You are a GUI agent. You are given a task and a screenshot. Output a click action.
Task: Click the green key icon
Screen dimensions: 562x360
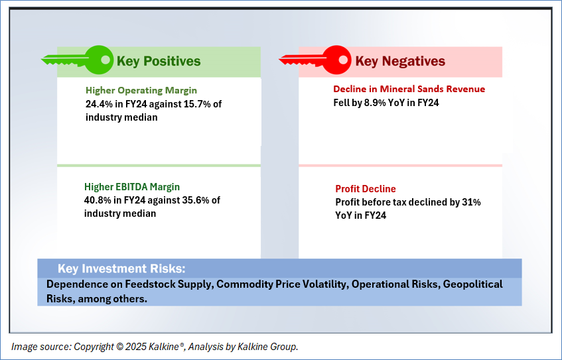click(78, 60)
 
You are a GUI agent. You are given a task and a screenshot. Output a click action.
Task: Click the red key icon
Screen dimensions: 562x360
click(315, 60)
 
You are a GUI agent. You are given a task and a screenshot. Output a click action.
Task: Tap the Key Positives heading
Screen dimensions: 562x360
click(159, 61)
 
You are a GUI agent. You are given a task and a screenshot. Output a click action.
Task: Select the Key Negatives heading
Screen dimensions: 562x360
click(400, 61)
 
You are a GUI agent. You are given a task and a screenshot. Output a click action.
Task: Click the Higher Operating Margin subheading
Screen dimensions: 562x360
click(141, 91)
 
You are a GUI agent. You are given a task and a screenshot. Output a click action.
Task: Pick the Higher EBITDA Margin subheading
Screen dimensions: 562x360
click(132, 187)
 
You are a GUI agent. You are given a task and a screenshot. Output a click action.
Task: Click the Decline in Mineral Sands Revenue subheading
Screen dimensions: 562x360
click(409, 90)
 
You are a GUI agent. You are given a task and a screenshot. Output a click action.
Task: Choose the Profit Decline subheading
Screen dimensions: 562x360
click(366, 189)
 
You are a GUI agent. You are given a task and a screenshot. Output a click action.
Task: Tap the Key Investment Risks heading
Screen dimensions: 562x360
click(121, 269)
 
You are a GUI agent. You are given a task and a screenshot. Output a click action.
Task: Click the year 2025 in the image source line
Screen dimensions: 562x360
click(135, 347)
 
